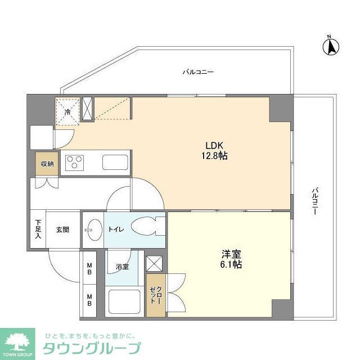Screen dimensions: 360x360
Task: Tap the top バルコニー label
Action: click(194, 72)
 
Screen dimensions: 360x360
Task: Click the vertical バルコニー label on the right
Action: click(314, 202)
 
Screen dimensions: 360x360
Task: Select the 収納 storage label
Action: click(47, 164)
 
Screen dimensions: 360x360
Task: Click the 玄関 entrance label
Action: click(62, 229)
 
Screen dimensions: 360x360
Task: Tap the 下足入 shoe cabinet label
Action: click(38, 229)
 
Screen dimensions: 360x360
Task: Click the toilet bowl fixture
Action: click(149, 228)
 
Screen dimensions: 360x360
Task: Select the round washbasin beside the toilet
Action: click(93, 229)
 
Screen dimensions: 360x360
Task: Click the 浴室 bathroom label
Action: click(122, 266)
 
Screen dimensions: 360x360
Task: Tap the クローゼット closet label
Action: click(155, 295)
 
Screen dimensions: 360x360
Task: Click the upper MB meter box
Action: click(89, 268)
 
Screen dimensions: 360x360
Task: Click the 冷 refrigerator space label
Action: click(67, 112)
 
